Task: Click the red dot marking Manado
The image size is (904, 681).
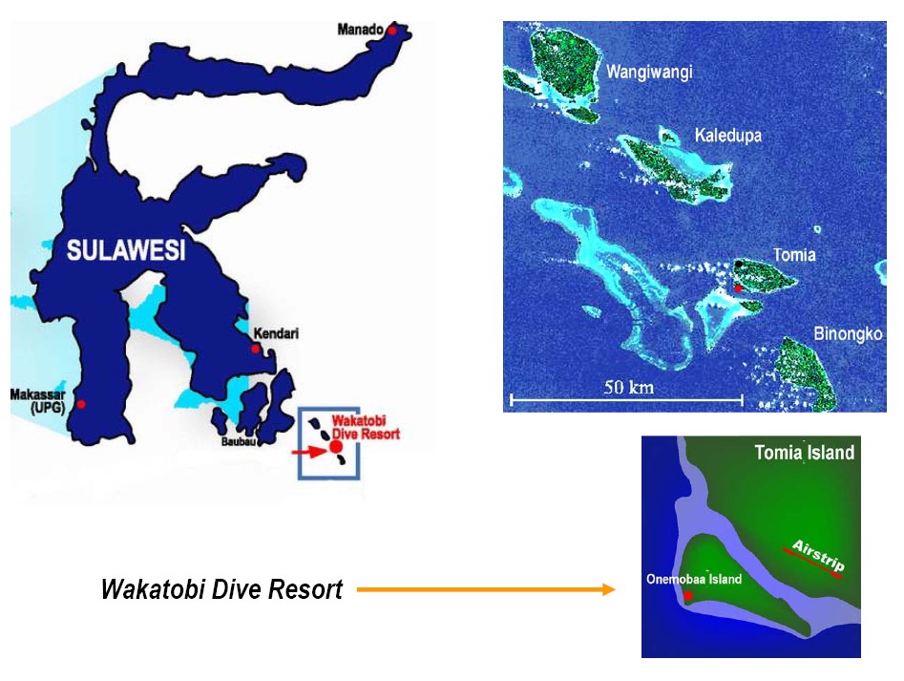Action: (x=391, y=32)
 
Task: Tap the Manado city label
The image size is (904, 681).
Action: (x=359, y=29)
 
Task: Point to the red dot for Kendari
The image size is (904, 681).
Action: (x=256, y=349)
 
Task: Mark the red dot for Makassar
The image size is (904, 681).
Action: (x=81, y=404)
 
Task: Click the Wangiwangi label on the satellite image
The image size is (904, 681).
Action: (x=649, y=73)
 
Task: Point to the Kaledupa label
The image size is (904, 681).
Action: (x=727, y=136)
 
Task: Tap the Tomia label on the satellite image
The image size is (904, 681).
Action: (x=795, y=255)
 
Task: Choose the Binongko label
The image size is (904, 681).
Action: (x=849, y=333)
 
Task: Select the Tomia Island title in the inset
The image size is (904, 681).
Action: (x=804, y=453)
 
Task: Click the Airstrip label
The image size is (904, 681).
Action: (x=817, y=558)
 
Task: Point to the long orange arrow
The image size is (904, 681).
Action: (x=487, y=590)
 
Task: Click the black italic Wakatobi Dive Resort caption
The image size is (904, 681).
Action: (x=221, y=590)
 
